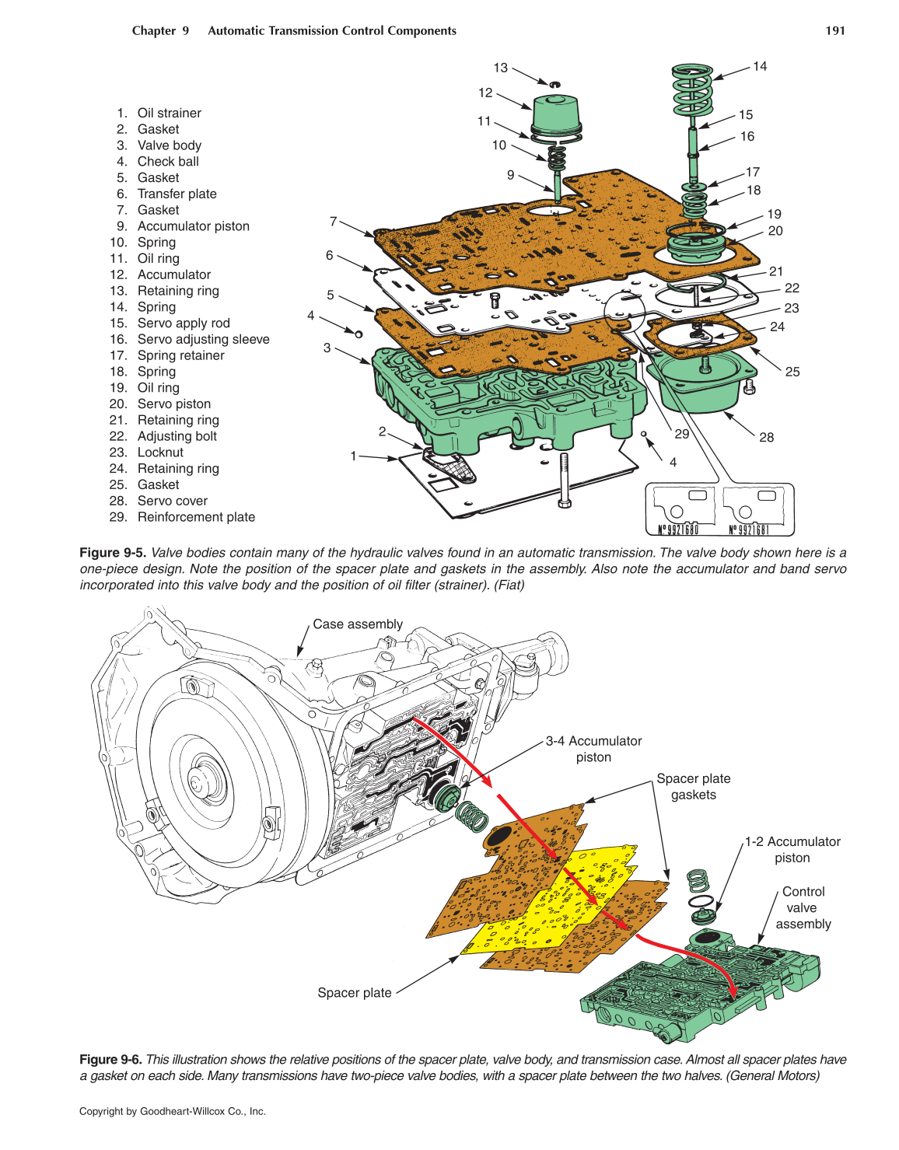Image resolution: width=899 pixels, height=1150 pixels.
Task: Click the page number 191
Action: tap(834, 31)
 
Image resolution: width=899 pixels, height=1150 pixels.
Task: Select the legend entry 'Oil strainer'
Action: tap(169, 114)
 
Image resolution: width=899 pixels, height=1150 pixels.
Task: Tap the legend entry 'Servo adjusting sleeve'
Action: tap(203, 340)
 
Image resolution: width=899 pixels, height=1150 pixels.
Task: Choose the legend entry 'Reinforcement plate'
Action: tap(196, 518)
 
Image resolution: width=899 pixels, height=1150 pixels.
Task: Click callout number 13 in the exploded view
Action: tap(500, 68)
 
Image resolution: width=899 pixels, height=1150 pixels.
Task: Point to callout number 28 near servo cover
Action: tap(766, 438)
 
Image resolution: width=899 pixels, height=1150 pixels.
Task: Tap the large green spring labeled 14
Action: tap(692, 89)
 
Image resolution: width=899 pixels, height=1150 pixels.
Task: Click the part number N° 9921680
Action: tap(678, 530)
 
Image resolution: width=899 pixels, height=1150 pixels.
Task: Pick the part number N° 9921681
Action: tap(749, 530)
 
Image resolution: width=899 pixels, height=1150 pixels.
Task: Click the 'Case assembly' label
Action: tap(358, 624)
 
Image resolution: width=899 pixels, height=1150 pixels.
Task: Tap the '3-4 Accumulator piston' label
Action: tap(593, 750)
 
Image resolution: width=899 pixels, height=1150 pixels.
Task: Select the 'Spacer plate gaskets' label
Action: tap(693, 787)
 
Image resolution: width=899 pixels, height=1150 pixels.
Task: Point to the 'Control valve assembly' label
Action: tap(803, 908)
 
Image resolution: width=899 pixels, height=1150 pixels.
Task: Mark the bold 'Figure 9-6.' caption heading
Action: tap(110, 1060)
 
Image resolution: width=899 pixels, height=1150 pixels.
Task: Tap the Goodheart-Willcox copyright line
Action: tap(173, 1112)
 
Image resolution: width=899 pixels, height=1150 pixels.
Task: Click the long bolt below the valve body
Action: tap(564, 478)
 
